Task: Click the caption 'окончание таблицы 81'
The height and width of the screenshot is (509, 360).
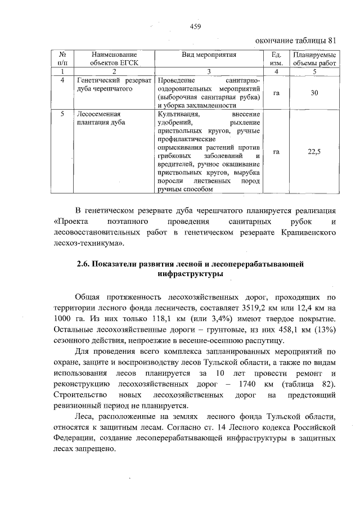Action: pos(296,40)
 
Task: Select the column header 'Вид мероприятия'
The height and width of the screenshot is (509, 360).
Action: pos(209,55)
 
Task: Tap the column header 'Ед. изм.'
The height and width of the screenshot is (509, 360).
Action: pos(276,58)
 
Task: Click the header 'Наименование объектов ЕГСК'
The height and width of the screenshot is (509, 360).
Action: pos(114,58)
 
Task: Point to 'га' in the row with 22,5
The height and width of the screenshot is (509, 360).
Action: pos(276,151)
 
